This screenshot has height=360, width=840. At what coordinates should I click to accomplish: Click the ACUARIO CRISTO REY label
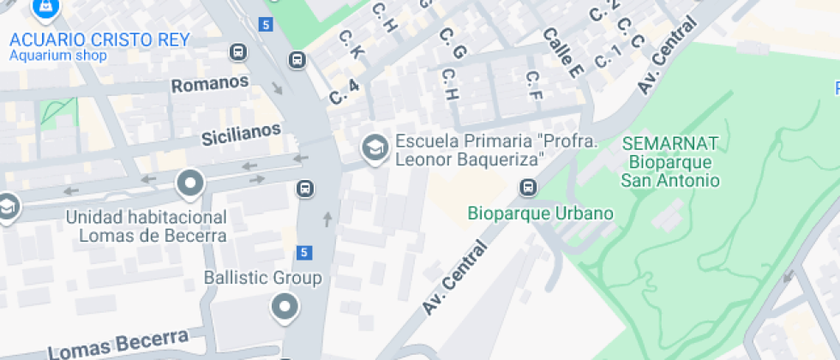click(99, 39)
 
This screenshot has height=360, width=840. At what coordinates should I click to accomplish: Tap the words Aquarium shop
click(57, 57)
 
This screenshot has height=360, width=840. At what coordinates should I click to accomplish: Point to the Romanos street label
click(210, 84)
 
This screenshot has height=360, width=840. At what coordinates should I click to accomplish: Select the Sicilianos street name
click(241, 135)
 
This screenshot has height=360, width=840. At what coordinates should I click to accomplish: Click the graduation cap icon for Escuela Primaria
click(374, 148)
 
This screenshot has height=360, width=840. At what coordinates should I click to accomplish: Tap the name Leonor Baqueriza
click(470, 159)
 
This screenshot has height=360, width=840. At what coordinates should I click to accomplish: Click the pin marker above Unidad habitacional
click(189, 183)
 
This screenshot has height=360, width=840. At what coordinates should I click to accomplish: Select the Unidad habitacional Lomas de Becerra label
click(146, 226)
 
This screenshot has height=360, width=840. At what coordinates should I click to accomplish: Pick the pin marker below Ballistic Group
click(284, 306)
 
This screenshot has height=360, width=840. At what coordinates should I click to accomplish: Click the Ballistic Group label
click(262, 278)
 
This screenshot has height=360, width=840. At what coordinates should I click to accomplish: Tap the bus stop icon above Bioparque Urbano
click(529, 187)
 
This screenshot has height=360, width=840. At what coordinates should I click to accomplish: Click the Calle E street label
click(562, 53)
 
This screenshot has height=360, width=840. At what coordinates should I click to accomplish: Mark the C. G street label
click(452, 43)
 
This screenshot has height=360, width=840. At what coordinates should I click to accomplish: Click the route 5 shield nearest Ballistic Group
click(304, 252)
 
